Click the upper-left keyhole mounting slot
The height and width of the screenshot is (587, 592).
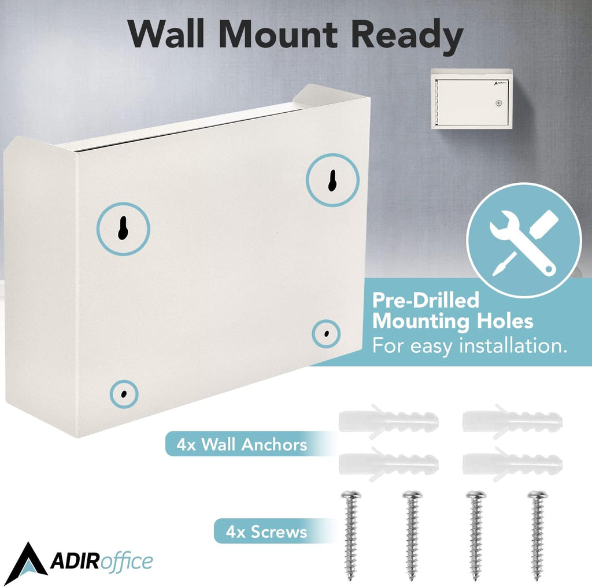(123, 228)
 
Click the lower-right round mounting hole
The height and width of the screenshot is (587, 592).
(327, 334)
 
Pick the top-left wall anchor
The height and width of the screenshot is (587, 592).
(388, 421)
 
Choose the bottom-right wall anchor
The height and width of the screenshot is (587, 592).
(512, 463)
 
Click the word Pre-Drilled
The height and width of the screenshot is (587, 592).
(425, 300)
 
